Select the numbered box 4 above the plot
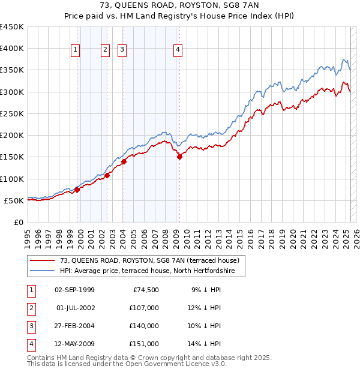179,50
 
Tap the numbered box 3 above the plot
122,50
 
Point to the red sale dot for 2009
180,157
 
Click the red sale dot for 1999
77,190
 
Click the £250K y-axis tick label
12,113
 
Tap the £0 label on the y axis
19,222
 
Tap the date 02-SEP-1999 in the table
74,290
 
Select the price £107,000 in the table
144,308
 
